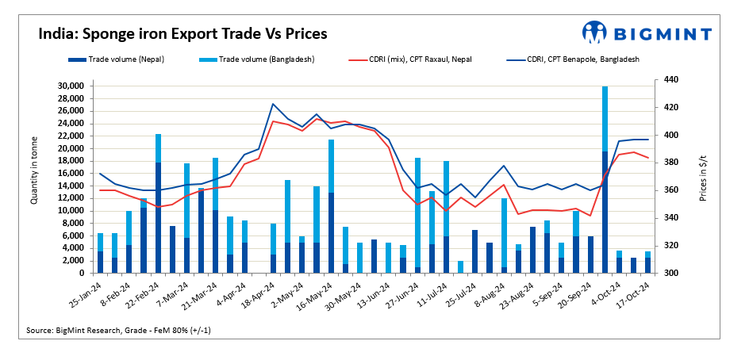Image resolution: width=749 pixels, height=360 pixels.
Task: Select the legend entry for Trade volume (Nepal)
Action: tap(123, 59)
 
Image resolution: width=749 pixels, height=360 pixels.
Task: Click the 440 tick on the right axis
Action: tap(670, 80)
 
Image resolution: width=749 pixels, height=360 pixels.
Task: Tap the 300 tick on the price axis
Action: tap(670, 274)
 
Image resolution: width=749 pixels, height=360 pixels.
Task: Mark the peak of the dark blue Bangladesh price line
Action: tap(273, 104)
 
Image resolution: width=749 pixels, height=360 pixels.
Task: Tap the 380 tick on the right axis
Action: tap(670, 163)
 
